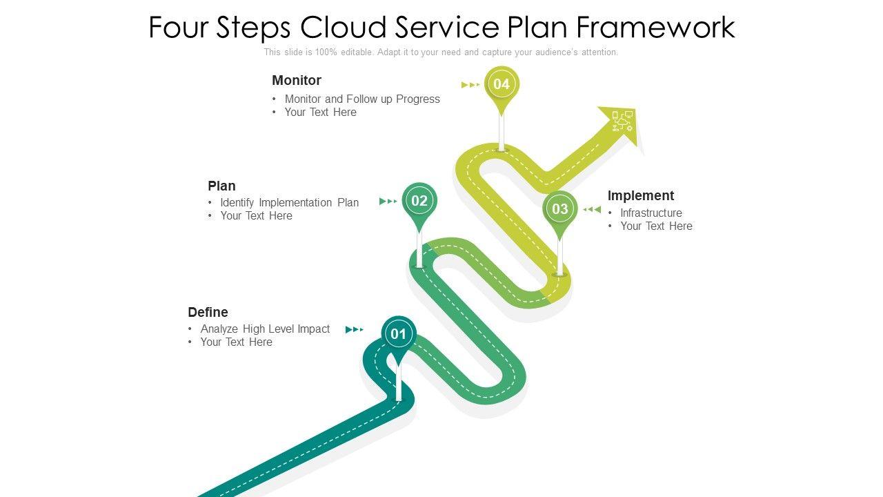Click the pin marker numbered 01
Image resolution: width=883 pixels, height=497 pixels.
[399, 335]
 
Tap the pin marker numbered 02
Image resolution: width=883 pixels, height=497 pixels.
[419, 201]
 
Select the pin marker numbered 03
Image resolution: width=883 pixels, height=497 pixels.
[559, 209]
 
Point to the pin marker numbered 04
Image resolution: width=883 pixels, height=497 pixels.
[502, 84]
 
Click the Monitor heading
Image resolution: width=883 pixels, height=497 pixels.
[297, 81]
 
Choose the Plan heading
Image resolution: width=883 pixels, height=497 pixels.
[221, 186]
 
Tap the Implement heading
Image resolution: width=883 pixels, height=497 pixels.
[641, 195]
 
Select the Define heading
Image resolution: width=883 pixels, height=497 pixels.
[208, 313]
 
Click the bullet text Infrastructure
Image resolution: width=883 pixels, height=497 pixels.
[651, 213]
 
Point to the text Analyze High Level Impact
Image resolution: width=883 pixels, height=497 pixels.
[265, 329]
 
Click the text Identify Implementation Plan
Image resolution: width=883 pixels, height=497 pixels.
[289, 203]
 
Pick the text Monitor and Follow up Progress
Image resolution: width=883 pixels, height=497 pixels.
[362, 99]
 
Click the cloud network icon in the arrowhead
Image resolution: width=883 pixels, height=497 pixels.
[622, 121]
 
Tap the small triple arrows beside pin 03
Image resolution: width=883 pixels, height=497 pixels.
[592, 209]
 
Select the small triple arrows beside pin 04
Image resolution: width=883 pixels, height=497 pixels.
[470, 85]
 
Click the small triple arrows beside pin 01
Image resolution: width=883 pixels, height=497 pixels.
[355, 329]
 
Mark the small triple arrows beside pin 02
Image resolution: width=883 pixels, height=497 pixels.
[388, 202]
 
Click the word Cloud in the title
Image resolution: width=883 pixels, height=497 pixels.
[343, 27]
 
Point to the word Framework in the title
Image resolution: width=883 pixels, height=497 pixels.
[655, 27]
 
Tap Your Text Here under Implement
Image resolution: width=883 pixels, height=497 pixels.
[656, 226]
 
